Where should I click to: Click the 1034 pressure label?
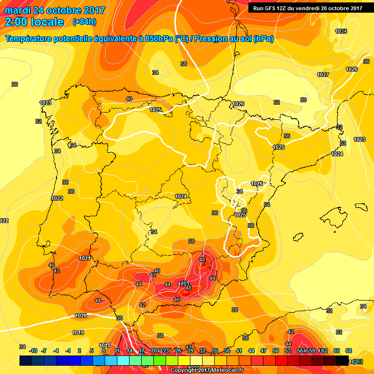click(341, 31)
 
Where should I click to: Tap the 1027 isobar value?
click(322, 75)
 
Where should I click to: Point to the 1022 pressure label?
click(57, 198)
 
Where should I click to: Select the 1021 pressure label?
click(84, 258)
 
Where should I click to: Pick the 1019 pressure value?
click(77, 333)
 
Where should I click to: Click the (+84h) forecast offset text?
click(84, 22)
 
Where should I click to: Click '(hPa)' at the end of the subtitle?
click(263, 39)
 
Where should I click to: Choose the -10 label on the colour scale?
click(33, 351)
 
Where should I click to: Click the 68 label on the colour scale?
click(349, 351)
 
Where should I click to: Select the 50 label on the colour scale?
click(276, 351)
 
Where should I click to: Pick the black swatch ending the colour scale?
click(342, 360)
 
